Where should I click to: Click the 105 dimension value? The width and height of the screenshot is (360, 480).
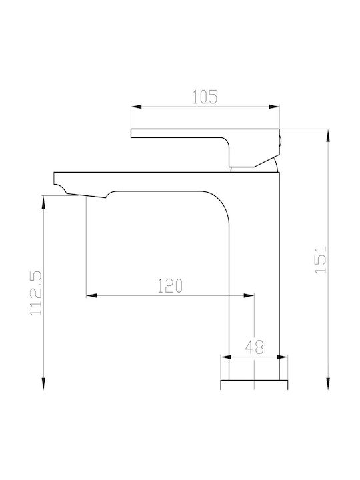pos(205,97)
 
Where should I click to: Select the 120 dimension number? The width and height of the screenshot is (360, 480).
pos(170,285)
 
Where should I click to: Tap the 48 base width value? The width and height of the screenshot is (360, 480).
pos(254,347)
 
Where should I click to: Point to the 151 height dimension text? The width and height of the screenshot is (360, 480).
pos(321,259)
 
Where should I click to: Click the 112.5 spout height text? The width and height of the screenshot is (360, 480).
pos(36,293)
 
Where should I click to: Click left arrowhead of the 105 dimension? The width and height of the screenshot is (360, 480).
pos(136,107)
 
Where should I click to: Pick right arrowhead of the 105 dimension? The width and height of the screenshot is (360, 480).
pos(274,107)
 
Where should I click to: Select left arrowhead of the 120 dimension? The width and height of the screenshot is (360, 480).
pos(91,295)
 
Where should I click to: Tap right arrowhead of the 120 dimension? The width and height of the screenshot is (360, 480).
pos(249,295)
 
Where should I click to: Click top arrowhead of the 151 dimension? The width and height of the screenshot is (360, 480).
pos(328,135)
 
